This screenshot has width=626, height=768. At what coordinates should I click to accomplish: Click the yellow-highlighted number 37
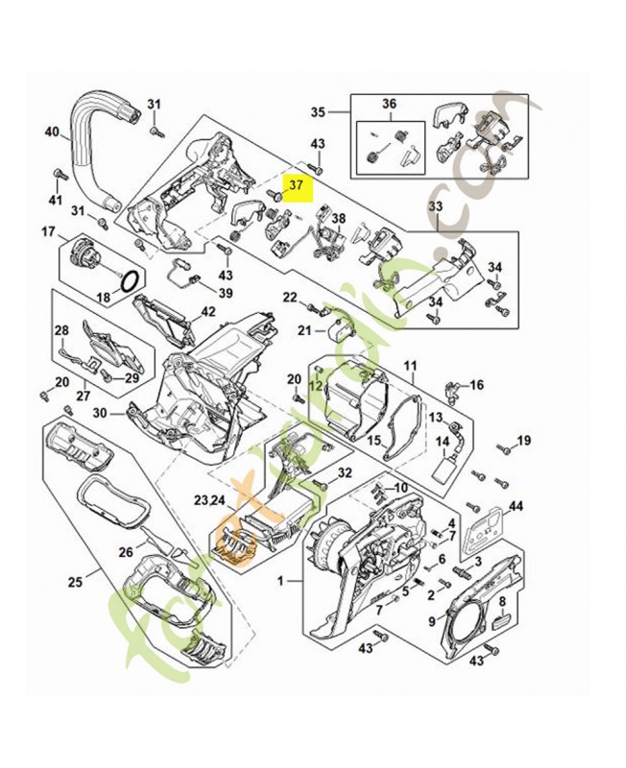pos(296,185)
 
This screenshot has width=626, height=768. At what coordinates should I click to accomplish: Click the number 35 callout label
pos(318,112)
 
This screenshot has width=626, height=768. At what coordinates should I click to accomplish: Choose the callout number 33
pos(435,206)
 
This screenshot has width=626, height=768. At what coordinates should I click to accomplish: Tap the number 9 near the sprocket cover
pos(431,621)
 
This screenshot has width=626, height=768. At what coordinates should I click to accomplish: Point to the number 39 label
pos(224,293)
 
